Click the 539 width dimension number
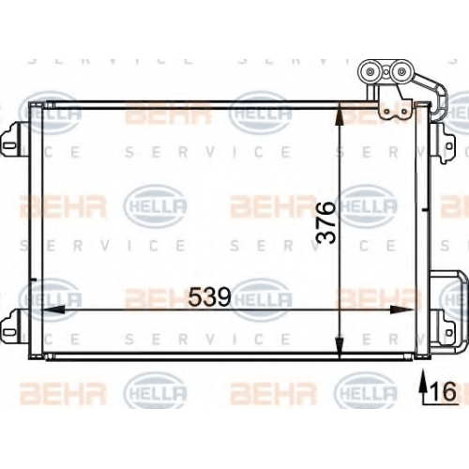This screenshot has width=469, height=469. click(x=209, y=296)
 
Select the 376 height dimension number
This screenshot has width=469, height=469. click(x=325, y=222)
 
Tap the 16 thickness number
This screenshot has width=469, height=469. click(x=444, y=391)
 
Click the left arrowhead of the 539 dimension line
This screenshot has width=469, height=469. click(x=53, y=310)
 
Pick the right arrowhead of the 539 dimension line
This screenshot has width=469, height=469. click(x=401, y=310)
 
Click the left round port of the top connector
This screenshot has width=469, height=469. click(x=371, y=72)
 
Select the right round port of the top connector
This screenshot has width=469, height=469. click(x=400, y=71)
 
